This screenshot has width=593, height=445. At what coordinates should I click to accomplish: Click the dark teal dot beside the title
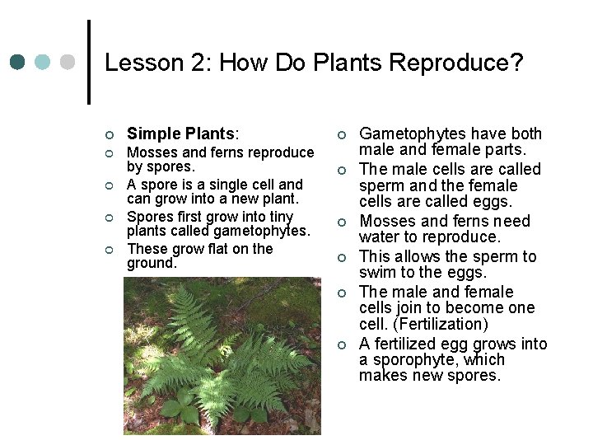click(x=18, y=63)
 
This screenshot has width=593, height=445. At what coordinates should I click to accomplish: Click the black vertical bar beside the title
click(x=89, y=63)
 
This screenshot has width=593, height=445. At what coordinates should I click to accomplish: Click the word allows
click(x=417, y=257)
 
